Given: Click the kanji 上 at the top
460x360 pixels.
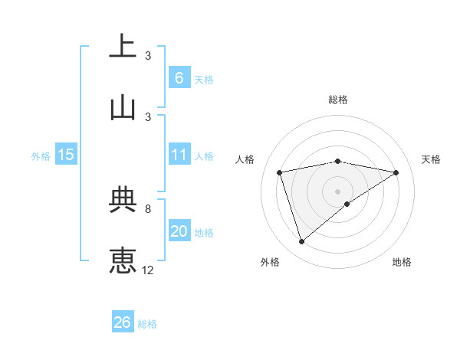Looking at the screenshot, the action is point(123,46).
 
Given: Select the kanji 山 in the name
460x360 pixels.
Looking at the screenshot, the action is point(123,107).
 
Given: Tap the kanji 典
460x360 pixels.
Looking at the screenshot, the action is point(123,200).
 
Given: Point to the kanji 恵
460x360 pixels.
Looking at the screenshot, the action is point(123,260).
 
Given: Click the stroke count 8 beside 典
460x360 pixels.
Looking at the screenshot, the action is point(148,208).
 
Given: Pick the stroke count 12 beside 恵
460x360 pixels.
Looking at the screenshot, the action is point(148,270).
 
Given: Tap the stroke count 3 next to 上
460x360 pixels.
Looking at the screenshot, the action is point(148,55).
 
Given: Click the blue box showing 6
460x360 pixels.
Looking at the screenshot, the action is point(179,78).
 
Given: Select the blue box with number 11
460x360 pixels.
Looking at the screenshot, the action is point(179,155).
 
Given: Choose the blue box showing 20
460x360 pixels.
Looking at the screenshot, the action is point(179,231).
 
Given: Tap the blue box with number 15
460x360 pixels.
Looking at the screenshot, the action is point(66,155).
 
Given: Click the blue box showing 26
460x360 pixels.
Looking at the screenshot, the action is point(123,323).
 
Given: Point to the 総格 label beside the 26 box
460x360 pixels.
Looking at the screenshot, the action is point(147,324).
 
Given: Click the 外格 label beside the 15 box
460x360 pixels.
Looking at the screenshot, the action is point(41,155).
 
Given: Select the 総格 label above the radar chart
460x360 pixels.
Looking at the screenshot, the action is point(338,100).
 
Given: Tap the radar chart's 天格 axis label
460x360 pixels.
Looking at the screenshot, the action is point(431,159).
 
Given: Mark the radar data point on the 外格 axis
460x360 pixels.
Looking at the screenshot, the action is point(302,242).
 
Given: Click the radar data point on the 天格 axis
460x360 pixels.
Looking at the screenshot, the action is point(396,172).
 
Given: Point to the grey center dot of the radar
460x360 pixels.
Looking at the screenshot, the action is point(338,191).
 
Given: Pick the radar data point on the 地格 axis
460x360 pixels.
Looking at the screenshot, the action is point(347,204).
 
